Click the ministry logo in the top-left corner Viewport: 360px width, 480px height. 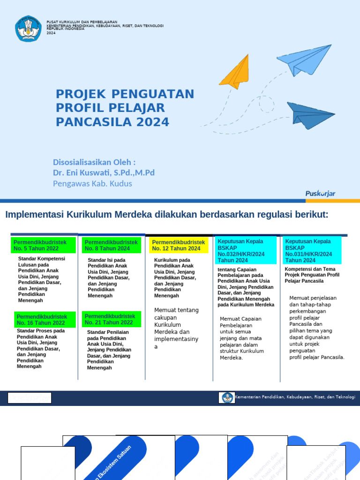(x=28, y=28)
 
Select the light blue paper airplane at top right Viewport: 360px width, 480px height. (x=305, y=60)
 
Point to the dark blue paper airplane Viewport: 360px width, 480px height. (x=309, y=115)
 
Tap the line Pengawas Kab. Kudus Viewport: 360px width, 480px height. (x=92, y=183)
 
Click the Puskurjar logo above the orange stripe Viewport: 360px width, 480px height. (x=320, y=194)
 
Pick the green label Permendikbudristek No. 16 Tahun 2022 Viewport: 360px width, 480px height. (x=42, y=320)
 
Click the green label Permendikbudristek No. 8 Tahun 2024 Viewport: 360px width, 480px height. (x=111, y=245)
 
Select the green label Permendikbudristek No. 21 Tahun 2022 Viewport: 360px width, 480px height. (x=111, y=319)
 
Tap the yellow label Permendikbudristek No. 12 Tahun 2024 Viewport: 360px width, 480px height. (x=179, y=245)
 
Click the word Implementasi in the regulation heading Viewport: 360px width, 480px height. (x=35, y=215)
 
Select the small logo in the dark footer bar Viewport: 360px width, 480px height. (x=228, y=397)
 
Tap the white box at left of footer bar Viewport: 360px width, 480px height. (x=30, y=398)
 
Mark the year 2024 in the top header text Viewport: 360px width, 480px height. (x=51, y=33)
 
